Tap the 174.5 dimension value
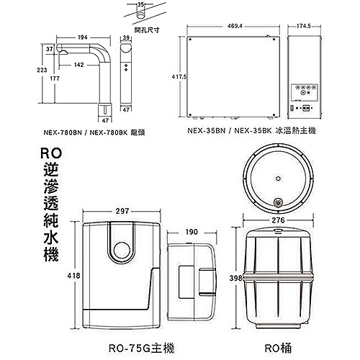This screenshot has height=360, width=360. [x=304, y=27]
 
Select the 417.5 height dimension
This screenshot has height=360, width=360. [x=178, y=76]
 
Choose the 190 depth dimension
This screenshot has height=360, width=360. [x=192, y=232]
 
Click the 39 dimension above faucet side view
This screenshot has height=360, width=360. [x=126, y=37]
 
